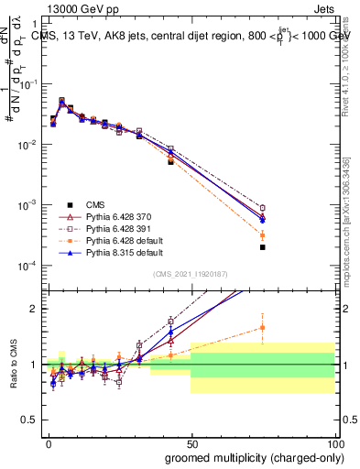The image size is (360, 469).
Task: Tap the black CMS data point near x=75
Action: point(262,247)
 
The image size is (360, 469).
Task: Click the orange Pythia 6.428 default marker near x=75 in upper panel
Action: point(262,235)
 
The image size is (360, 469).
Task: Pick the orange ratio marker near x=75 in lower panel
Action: point(262,327)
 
